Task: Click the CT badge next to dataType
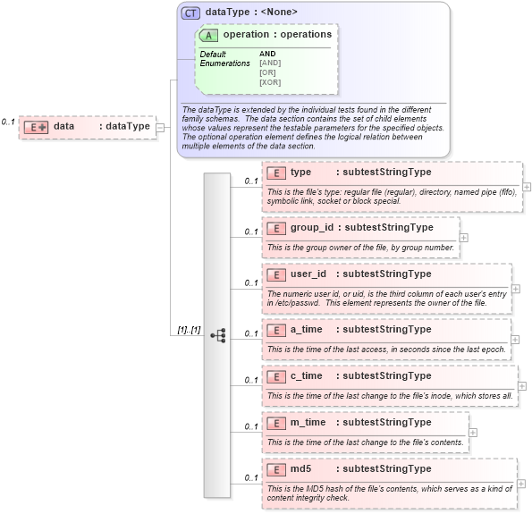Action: [x=190, y=13]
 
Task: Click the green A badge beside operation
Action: [x=209, y=35]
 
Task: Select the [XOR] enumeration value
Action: [x=269, y=82]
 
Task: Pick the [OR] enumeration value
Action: [x=266, y=72]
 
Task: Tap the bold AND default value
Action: [x=267, y=54]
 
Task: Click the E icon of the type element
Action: [x=276, y=173]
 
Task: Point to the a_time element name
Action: [x=306, y=330]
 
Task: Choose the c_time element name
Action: [x=306, y=376]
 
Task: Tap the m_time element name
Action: [x=308, y=422]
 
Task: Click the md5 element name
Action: [x=300, y=468]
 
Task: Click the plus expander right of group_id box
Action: [x=463, y=237]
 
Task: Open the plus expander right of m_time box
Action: [x=473, y=432]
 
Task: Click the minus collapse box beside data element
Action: [x=160, y=127]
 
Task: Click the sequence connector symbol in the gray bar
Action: [x=217, y=334]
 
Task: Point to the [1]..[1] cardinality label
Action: [x=189, y=330]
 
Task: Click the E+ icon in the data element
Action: [x=36, y=127]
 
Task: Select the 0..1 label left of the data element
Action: [x=8, y=122]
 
